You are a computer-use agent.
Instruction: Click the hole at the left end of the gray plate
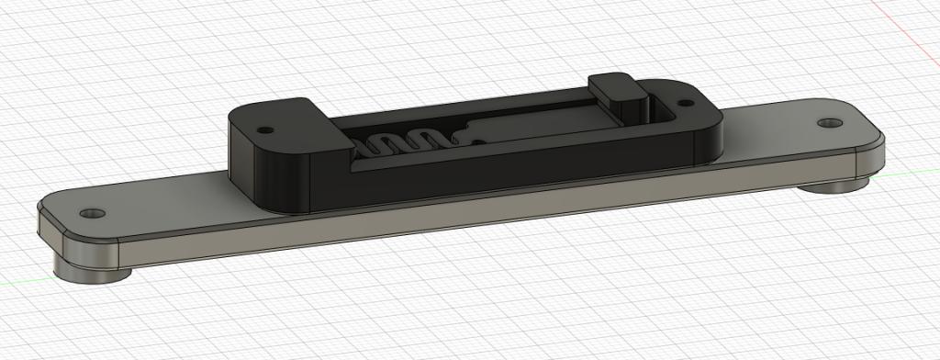point(89,213)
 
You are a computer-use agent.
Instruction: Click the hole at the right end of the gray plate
point(831,122)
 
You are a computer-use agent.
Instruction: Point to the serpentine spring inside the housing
point(403,144)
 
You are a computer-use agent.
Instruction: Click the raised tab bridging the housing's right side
point(618,90)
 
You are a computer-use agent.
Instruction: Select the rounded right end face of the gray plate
point(872,161)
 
